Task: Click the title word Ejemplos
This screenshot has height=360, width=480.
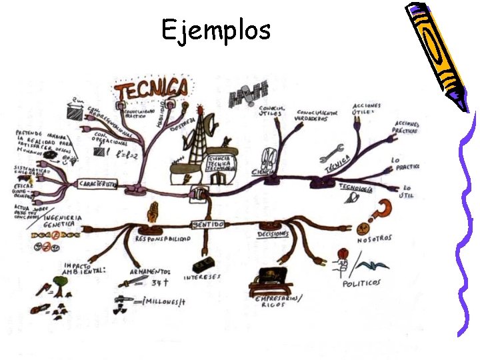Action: tap(216, 29)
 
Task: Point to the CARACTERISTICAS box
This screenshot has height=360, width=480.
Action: tap(99, 183)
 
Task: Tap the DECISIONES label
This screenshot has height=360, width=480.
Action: tap(273, 234)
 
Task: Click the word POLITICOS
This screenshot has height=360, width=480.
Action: tap(363, 283)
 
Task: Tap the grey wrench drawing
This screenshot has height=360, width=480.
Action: tap(331, 153)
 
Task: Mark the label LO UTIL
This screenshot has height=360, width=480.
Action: tap(407, 192)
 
